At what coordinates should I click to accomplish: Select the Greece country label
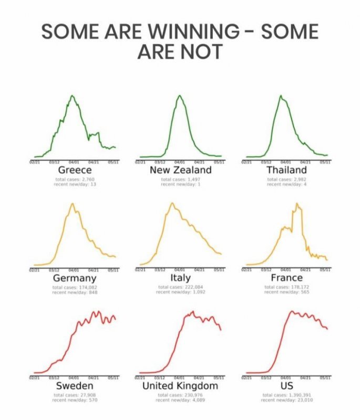[75, 170]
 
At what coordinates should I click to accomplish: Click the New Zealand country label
[180, 170]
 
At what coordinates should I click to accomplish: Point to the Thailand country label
[286, 170]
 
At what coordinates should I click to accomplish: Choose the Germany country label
[75, 278]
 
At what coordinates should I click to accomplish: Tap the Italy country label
[180, 277]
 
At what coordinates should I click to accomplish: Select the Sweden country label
[75, 386]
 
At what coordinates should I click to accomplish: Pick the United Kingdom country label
[180, 386]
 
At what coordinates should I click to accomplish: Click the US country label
[286, 386]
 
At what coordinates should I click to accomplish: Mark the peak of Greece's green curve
[72, 96]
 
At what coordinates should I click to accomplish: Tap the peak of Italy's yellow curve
[172, 203]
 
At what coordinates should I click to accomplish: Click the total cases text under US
[286, 395]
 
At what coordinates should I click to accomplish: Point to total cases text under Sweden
[75, 395]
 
